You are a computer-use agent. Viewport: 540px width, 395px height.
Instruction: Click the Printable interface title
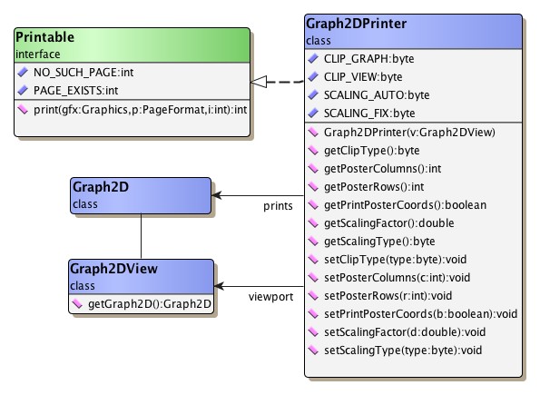point(46,37)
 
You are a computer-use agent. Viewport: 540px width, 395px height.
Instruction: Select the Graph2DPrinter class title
point(355,25)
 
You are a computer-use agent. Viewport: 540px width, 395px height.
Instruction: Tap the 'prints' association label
point(278,207)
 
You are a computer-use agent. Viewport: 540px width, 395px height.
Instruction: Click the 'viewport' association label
point(271,297)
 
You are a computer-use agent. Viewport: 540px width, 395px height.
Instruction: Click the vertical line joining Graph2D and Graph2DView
point(141,238)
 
